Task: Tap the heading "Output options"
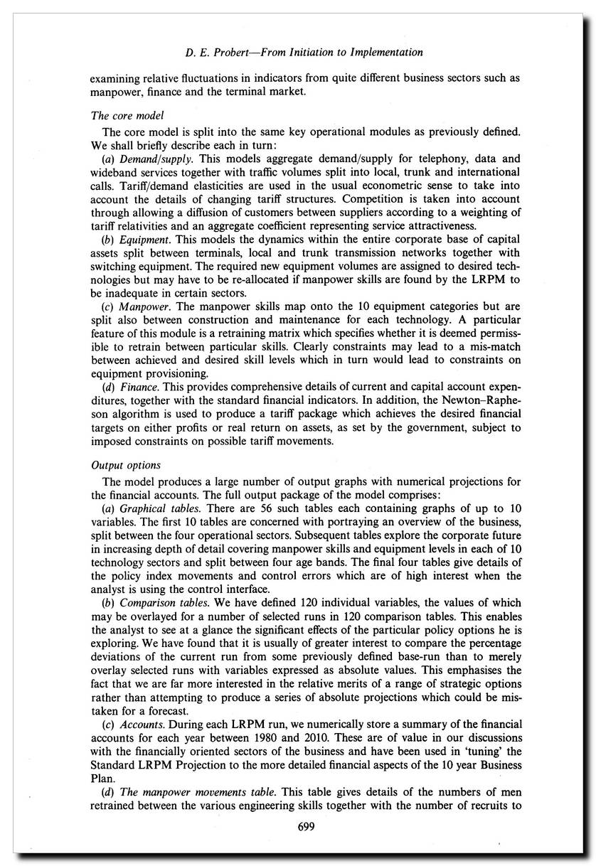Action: click(x=126, y=465)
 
